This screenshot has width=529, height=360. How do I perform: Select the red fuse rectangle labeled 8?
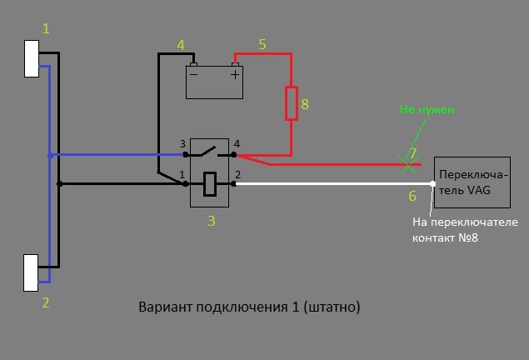(x=291, y=102)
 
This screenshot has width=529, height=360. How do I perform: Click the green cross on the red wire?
(x=407, y=165)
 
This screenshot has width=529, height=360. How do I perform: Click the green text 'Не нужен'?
(x=427, y=109)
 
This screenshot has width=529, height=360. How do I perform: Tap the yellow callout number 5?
(x=262, y=44)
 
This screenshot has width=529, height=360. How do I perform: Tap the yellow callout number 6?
(x=412, y=196)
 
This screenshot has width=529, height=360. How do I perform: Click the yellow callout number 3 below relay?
(x=212, y=221)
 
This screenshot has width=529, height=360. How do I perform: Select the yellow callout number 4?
(x=180, y=44)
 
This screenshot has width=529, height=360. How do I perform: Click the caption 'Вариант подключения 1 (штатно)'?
(x=249, y=307)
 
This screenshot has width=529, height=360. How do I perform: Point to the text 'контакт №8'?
(x=447, y=238)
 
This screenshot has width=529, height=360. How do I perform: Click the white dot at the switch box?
(x=432, y=183)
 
